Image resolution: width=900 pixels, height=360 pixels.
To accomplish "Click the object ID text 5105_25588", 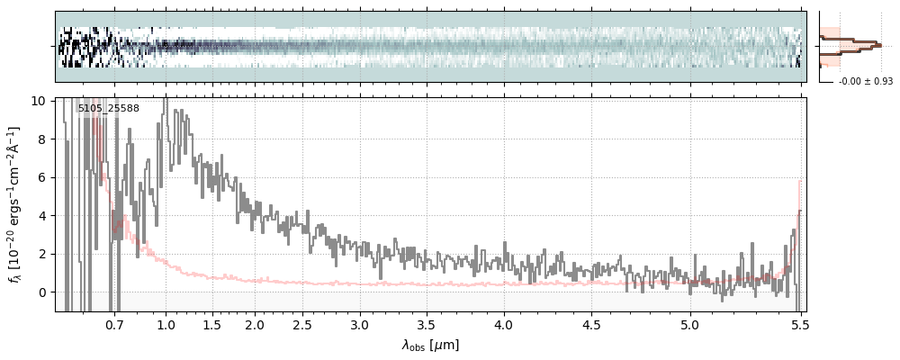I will coord(108,109).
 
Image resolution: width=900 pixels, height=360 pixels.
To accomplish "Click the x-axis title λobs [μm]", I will coord(430,345).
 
